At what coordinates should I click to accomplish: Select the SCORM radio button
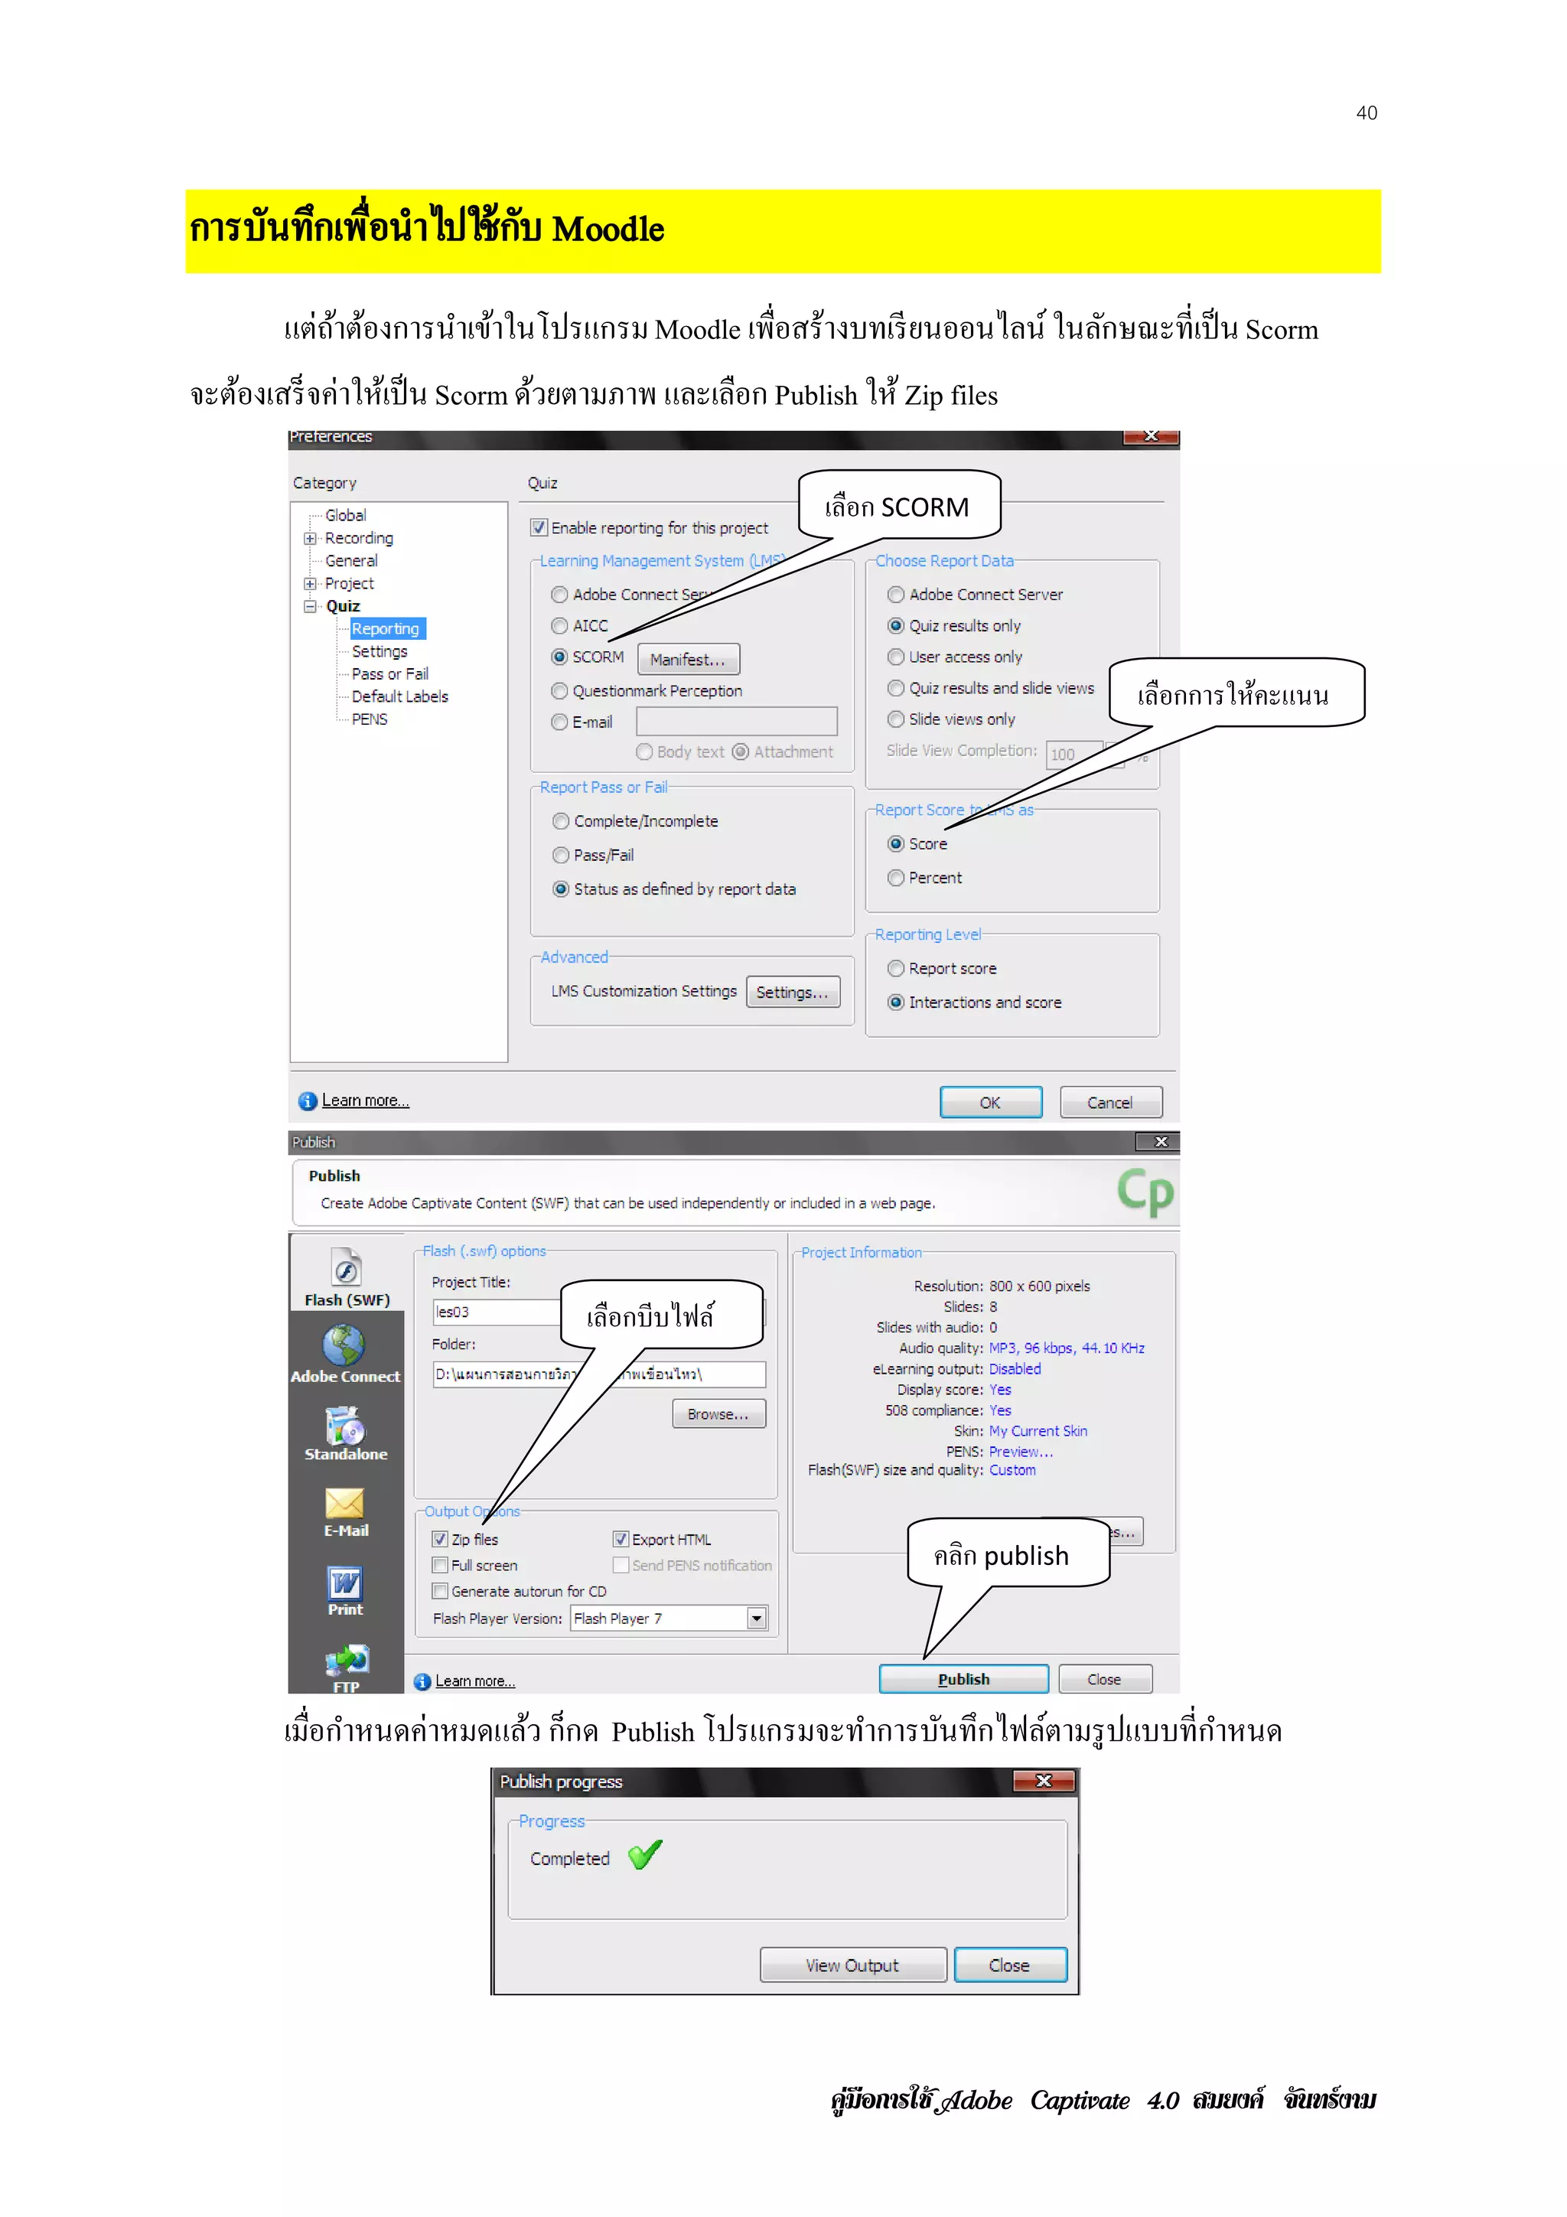559,657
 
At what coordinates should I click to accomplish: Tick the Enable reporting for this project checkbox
539,528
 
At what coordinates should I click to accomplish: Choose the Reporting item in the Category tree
385,628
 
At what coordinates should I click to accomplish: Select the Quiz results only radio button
896,626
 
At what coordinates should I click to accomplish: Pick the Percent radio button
896,878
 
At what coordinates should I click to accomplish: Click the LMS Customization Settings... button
792,992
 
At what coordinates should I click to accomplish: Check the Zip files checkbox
440,1539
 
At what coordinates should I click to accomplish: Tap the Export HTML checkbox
621,1539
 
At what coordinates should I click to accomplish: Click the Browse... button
718,1413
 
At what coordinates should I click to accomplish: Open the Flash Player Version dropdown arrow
757,1619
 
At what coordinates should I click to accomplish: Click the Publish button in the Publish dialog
963,1679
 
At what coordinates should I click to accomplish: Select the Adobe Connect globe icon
344,1343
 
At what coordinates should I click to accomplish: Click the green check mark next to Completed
645,1855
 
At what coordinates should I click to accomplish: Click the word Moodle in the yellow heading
608,230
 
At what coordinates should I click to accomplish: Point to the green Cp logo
1145,1192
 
